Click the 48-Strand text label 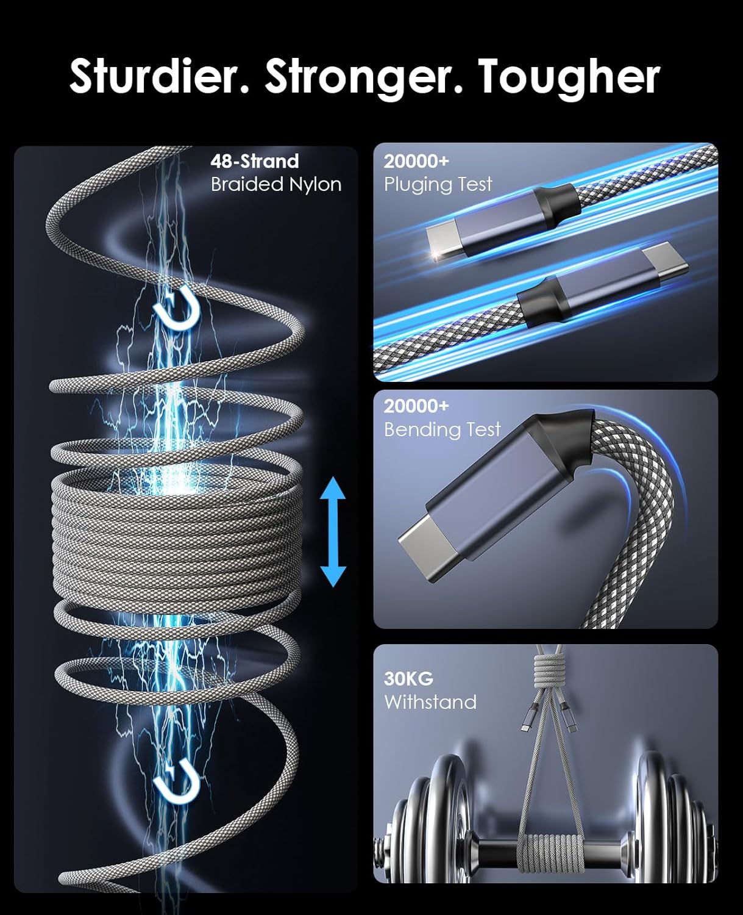click(x=255, y=162)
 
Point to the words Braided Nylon click(x=276, y=184)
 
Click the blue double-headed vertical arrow click(x=333, y=531)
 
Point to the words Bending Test click(x=442, y=429)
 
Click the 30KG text click(x=408, y=679)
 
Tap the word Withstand click(x=430, y=702)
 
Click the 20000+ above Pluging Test click(x=416, y=162)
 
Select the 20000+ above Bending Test click(x=416, y=406)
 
